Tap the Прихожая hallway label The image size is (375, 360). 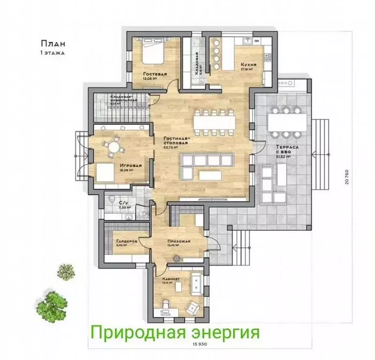tap(178, 241)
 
